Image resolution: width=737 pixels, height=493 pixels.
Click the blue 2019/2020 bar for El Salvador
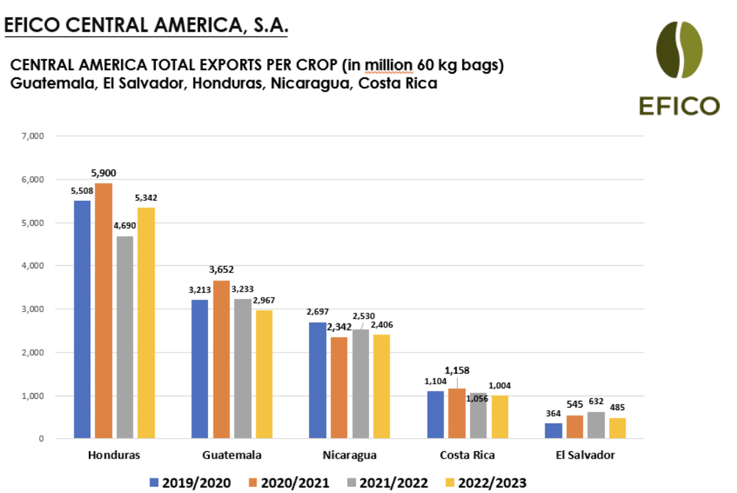tap(553, 430)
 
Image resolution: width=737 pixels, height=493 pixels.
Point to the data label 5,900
tap(103, 174)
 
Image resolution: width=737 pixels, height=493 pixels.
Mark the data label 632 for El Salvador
tap(596, 402)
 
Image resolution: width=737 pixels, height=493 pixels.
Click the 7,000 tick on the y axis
tap(32, 137)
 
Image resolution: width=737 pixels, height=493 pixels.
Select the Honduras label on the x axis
tap(113, 455)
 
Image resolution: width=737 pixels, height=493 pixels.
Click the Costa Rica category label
tap(467, 455)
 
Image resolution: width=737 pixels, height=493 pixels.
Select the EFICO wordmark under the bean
tap(679, 105)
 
